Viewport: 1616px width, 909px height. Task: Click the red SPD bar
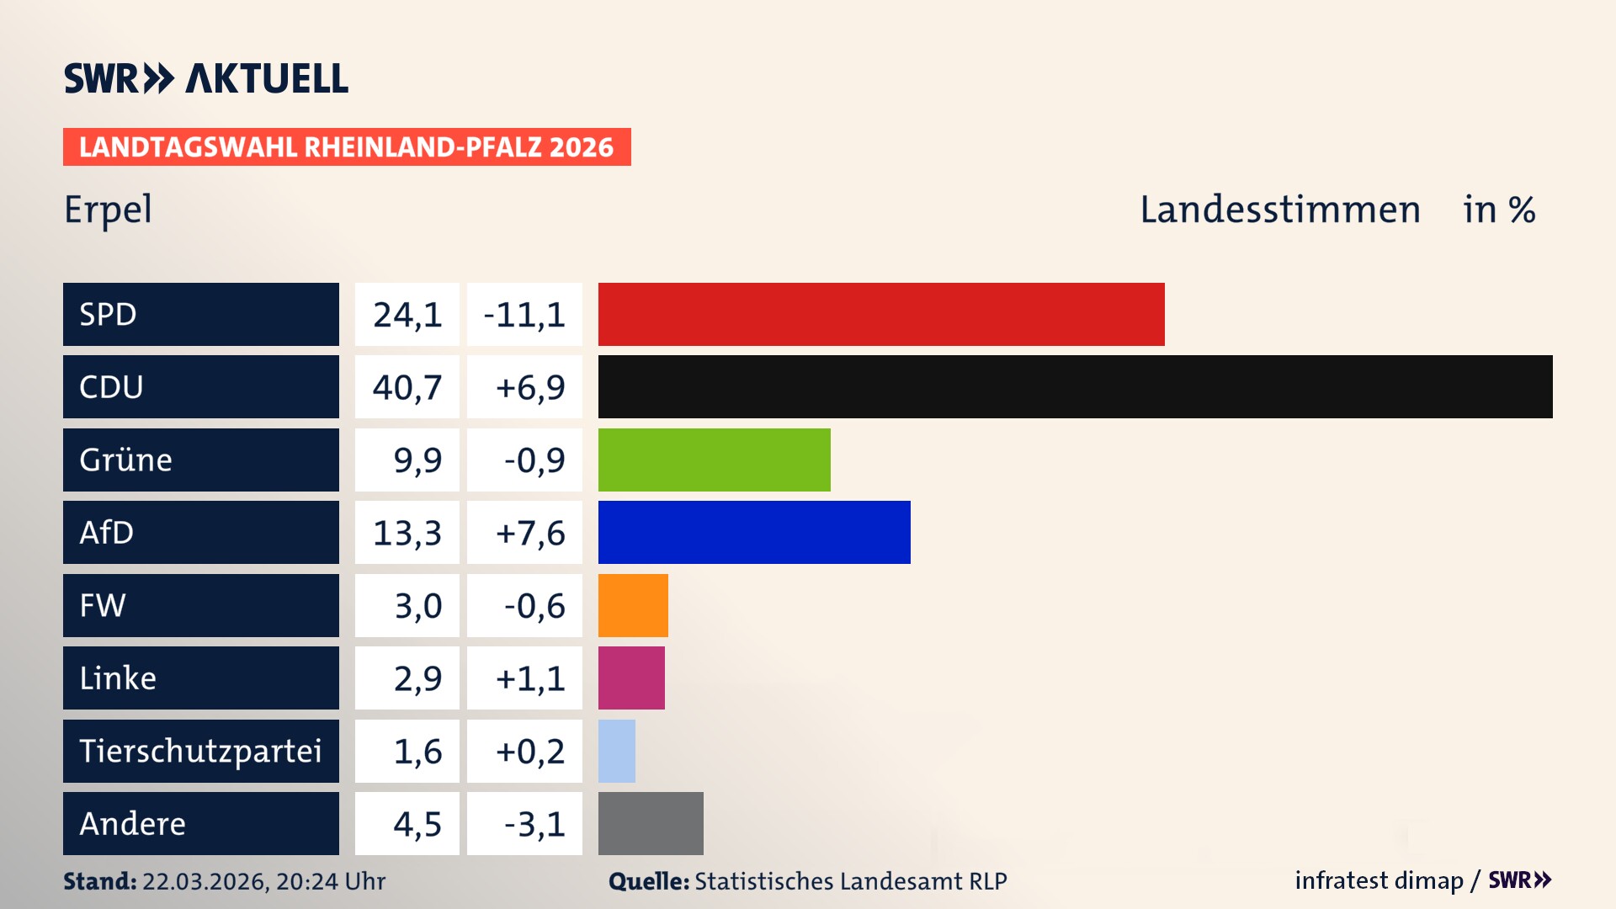tap(881, 314)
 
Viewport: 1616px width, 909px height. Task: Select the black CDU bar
tap(1075, 386)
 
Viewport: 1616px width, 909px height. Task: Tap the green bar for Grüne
tap(714, 460)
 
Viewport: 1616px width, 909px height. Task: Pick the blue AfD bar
tap(754, 532)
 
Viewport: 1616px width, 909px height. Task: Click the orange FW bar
tap(633, 605)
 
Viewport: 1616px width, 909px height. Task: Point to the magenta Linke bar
tap(631, 678)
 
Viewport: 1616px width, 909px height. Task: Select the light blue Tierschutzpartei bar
tap(617, 751)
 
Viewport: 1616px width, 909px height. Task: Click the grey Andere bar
tap(651, 823)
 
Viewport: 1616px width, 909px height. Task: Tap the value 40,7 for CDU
tap(407, 387)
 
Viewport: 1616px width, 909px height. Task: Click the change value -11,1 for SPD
tap(524, 315)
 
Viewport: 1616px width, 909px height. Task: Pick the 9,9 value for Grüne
tap(417, 460)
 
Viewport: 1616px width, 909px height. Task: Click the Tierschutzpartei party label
tap(200, 751)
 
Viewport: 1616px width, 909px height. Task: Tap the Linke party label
tap(118, 678)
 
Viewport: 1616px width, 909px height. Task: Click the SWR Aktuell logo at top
tap(206, 78)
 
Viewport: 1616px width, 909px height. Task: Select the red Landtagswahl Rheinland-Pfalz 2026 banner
tap(347, 146)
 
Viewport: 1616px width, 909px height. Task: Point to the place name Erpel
tap(108, 209)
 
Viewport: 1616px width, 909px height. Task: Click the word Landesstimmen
tap(1279, 209)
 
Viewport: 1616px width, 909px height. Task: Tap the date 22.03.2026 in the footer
tap(205, 881)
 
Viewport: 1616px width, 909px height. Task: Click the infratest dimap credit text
tap(1379, 880)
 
